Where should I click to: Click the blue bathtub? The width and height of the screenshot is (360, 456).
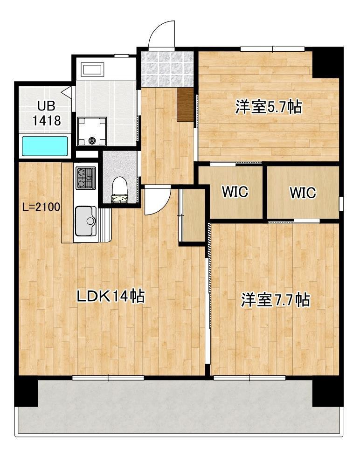(45, 146)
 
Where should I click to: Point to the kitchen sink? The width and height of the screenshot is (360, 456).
(86, 221)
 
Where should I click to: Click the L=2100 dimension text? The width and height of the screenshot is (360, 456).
(42, 207)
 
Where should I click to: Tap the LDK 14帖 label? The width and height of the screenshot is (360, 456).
(111, 297)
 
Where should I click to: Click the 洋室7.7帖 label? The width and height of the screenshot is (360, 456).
(275, 300)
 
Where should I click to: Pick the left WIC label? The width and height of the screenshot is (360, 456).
(235, 192)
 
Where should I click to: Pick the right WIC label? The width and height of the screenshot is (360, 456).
(303, 193)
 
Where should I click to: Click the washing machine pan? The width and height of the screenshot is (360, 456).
(91, 131)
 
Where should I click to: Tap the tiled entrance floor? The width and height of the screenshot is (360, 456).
(167, 69)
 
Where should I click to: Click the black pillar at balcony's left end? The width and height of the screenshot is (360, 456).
(27, 391)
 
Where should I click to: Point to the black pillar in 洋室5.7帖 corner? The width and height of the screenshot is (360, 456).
(327, 62)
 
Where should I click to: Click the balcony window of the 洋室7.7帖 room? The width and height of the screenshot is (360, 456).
(249, 378)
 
